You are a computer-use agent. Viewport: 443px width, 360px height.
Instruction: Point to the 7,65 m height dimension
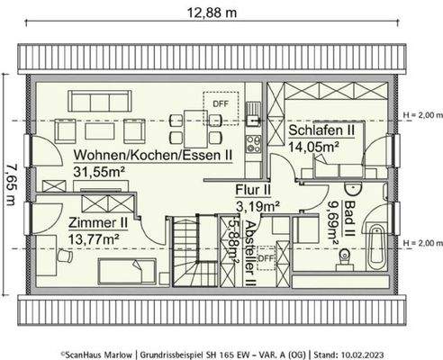(x=10, y=184)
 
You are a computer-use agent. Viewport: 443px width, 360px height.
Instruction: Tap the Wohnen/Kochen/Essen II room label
(x=153, y=155)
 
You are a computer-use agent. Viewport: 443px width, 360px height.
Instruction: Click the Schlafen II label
(x=321, y=131)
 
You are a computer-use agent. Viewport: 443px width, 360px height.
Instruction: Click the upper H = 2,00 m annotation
(x=422, y=115)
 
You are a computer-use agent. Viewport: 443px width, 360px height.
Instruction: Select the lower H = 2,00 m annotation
(x=422, y=243)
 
